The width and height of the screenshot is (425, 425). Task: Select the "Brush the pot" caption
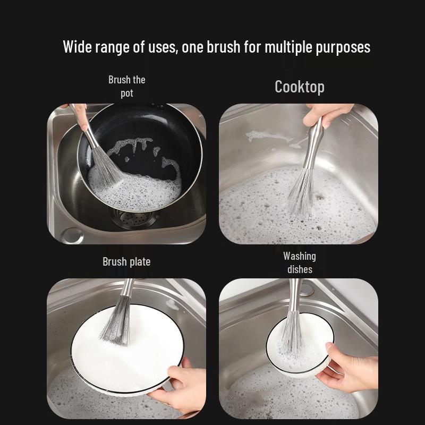pyautogui.click(x=126, y=86)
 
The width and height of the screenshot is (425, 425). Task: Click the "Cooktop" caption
pyautogui.click(x=299, y=87)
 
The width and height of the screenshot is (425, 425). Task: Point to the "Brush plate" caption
pyautogui.click(x=126, y=261)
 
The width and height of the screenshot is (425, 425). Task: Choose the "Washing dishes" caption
pyautogui.click(x=299, y=262)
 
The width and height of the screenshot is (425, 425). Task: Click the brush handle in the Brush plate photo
pyautogui.click(x=126, y=290)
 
